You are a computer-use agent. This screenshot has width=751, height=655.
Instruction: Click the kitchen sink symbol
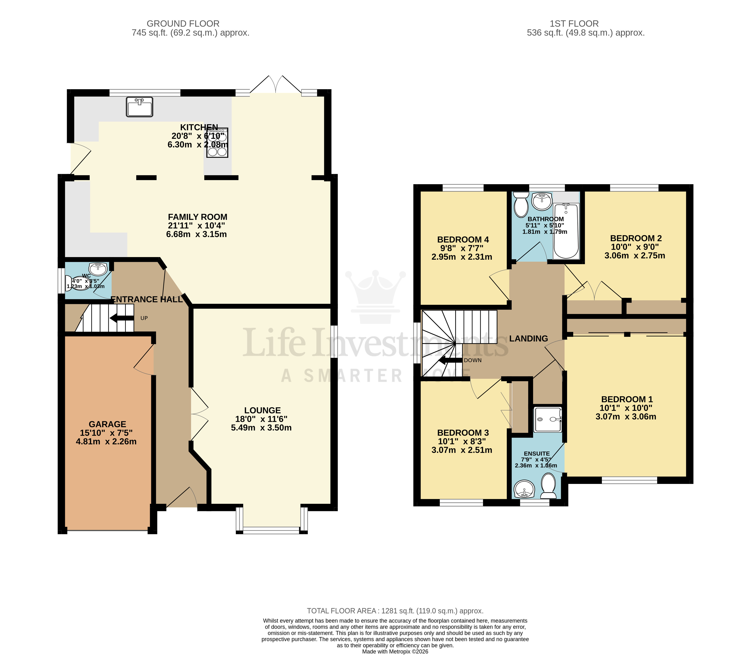coord(139,107)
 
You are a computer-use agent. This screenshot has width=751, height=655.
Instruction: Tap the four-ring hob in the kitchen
coord(217,143)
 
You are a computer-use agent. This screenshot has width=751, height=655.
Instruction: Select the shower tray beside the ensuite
coord(548,419)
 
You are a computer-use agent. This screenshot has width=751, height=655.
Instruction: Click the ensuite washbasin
coord(524,489)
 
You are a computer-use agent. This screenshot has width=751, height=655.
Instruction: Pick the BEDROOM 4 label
coord(463,239)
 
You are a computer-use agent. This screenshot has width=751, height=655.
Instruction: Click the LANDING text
coord(528,338)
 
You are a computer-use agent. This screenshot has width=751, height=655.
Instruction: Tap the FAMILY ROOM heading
coord(197,217)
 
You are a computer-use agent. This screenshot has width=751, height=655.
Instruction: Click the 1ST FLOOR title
coord(574,24)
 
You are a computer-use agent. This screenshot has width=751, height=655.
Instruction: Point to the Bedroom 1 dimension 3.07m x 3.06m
coord(626,416)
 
